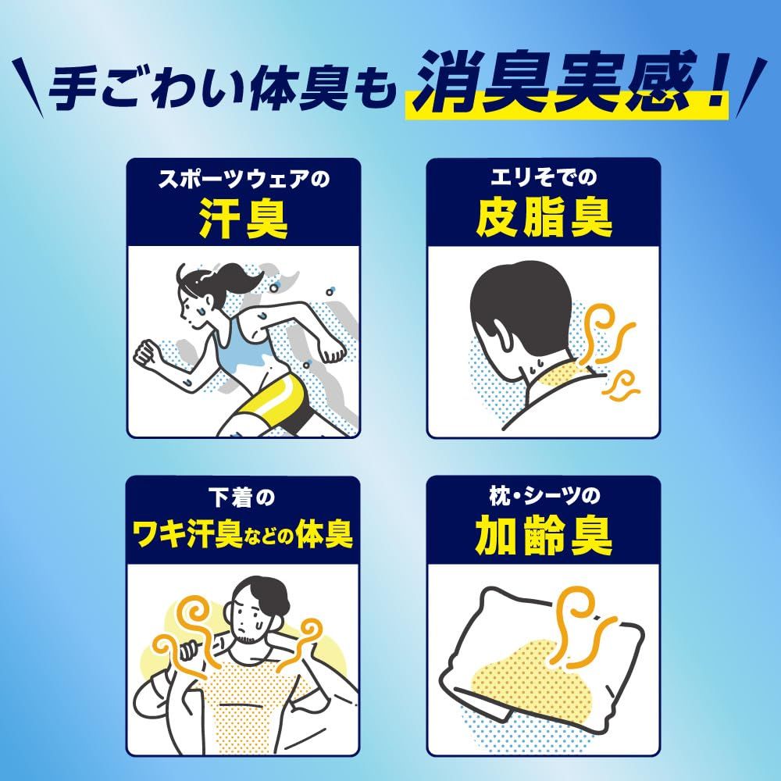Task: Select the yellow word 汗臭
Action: coord(243,219)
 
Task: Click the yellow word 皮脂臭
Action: coord(544,219)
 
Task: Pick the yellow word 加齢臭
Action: coord(544,537)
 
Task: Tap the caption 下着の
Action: coord(243,497)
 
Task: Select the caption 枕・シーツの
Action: coord(544,497)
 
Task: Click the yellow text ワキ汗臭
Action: coord(199,537)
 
